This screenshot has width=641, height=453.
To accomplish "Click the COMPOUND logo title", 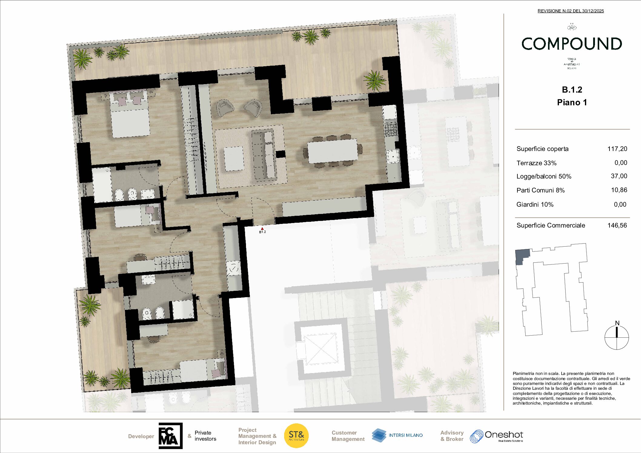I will [572, 44].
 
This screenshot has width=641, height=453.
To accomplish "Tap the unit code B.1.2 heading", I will [572, 90].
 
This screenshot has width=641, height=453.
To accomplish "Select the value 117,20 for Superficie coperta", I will [617, 149].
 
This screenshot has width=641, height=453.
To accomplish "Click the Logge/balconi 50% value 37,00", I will [619, 176].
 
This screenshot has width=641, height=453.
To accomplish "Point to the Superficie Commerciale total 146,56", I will [617, 225].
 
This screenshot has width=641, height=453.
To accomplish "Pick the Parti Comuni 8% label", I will [540, 190].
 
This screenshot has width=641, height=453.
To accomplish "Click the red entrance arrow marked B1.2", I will [262, 229].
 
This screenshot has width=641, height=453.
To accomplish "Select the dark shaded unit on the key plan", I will [522, 256].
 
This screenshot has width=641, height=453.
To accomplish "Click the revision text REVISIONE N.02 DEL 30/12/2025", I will [570, 11].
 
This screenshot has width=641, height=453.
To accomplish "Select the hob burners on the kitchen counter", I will [390, 129].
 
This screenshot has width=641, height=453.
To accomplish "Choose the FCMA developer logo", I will [171, 436].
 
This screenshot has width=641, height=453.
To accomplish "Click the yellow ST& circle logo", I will [296, 436].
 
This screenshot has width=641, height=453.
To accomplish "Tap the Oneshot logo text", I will [503, 435].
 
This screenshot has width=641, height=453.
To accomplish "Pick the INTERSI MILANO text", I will [406, 435].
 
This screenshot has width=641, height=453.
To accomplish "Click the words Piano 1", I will [572, 103].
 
